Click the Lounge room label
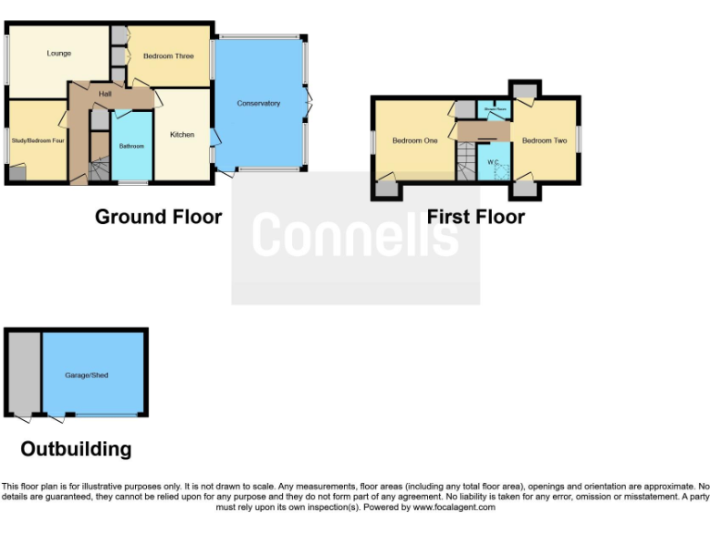tap(59, 54)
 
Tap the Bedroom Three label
tap(168, 56)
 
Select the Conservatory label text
tap(258, 104)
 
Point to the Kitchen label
tap(182, 135)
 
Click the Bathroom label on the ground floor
tap(131, 146)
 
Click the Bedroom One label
tap(414, 141)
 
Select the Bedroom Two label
tap(545, 141)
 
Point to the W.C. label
tap(493, 162)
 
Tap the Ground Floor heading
tap(158, 217)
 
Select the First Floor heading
tap(475, 217)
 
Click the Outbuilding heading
tap(76, 450)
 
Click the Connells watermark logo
tap(355, 235)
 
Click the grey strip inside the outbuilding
tap(24, 374)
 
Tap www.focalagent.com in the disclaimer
tap(454, 507)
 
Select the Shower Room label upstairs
tap(496, 109)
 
